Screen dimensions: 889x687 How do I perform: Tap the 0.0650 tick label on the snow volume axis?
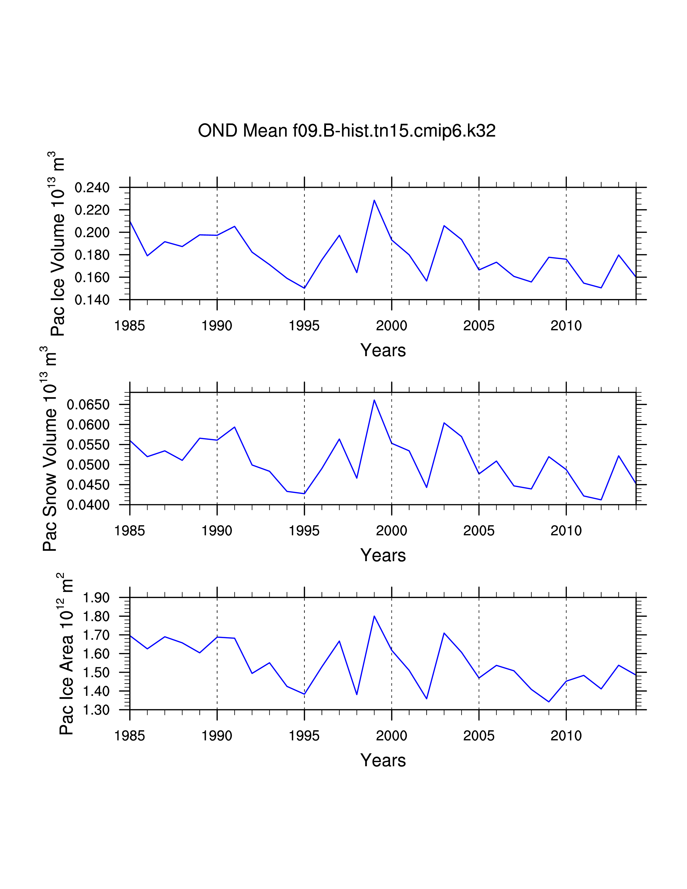pyautogui.click(x=88, y=405)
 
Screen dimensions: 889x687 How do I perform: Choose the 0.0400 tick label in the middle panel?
pyautogui.click(x=88, y=505)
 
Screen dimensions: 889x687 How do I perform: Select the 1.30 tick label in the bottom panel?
pyautogui.click(x=96, y=710)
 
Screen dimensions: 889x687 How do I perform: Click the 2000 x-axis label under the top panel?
pyautogui.click(x=391, y=326)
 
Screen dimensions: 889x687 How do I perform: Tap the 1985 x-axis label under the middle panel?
pyautogui.click(x=130, y=531)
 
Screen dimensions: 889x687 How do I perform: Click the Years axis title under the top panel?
pyautogui.click(x=383, y=350)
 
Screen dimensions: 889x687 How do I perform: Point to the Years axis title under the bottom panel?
pyautogui.click(x=383, y=760)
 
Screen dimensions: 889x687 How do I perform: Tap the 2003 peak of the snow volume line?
pyautogui.click(x=444, y=423)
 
